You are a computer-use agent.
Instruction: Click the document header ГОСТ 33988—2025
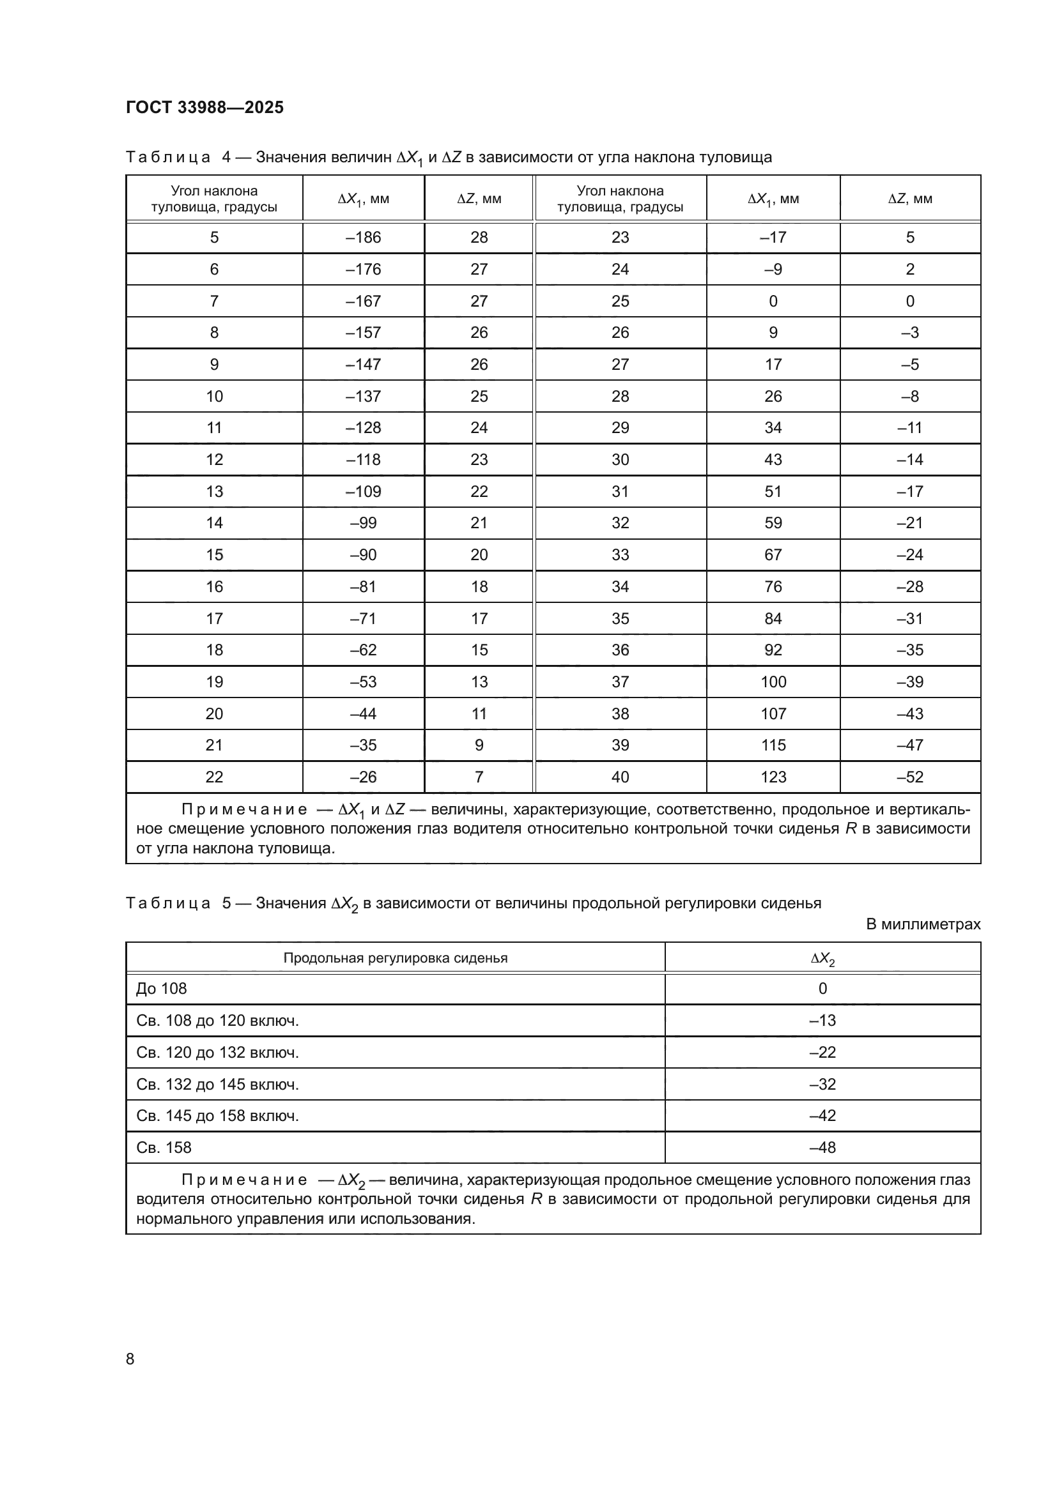pyautogui.click(x=204, y=107)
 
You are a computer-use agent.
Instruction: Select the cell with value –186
pyautogui.click(x=363, y=238)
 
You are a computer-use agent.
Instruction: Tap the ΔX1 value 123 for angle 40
pyautogui.click(x=773, y=777)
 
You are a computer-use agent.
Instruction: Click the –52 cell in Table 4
pyautogui.click(x=909, y=777)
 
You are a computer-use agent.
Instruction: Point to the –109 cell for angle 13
pyautogui.click(x=363, y=491)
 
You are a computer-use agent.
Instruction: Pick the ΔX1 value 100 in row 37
pyautogui.click(x=773, y=682)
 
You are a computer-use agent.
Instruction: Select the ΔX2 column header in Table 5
pyautogui.click(x=822, y=958)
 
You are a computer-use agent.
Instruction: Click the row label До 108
pyautogui.click(x=162, y=988)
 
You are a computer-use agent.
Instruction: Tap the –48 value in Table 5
pyautogui.click(x=822, y=1147)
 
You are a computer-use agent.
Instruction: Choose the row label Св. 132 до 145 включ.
pyautogui.click(x=217, y=1084)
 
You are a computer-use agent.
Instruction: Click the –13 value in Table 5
pyautogui.click(x=822, y=1020)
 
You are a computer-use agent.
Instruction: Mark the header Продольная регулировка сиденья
pyautogui.click(x=395, y=958)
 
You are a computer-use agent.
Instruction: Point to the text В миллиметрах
pyautogui.click(x=922, y=924)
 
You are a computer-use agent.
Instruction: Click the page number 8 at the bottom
pyautogui.click(x=130, y=1359)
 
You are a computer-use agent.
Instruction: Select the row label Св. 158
pyautogui.click(x=164, y=1147)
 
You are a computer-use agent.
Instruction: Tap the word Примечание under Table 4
pyautogui.click(x=244, y=809)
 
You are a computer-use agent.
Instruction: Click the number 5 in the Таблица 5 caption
pyautogui.click(x=226, y=903)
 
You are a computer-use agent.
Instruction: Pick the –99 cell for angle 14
pyautogui.click(x=363, y=523)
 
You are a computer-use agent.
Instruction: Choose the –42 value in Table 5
pyautogui.click(x=822, y=1115)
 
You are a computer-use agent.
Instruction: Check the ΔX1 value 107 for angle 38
pyautogui.click(x=773, y=714)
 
